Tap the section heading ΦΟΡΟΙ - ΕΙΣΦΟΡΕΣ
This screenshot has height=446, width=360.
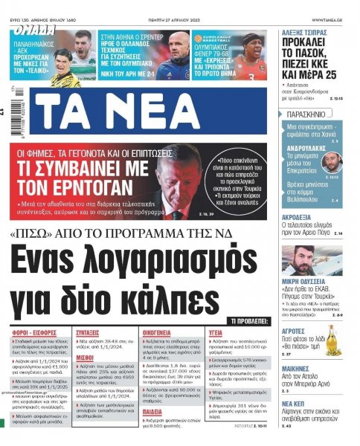click(30, 333)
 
